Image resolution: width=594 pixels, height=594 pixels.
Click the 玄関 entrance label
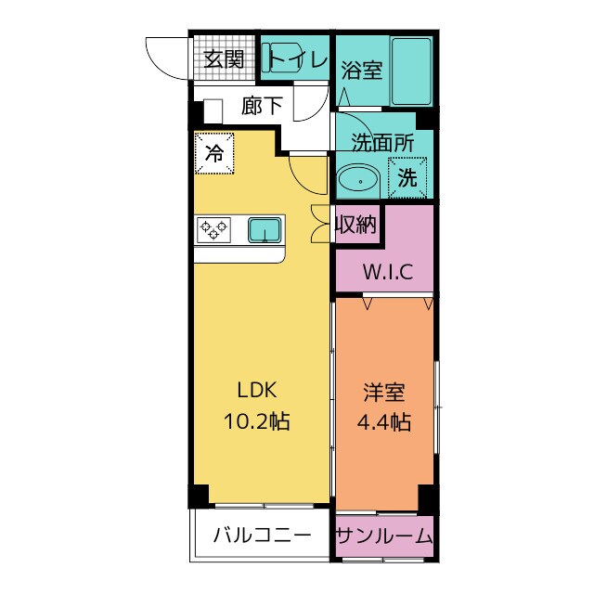pyautogui.click(x=224, y=59)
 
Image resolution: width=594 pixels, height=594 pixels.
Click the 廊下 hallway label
pyautogui.click(x=262, y=106)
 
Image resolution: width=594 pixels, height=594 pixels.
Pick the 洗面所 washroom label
pyautogui.click(x=381, y=143)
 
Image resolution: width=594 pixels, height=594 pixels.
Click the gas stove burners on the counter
pyautogui.click(x=214, y=229)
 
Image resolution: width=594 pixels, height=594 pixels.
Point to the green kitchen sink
pyautogui.click(x=265, y=228)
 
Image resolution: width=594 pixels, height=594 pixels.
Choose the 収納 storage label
pyautogui.click(x=356, y=225)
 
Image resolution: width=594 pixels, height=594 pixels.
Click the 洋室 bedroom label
pyautogui.click(x=383, y=391)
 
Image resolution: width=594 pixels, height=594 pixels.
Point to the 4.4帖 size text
pyautogui.click(x=383, y=422)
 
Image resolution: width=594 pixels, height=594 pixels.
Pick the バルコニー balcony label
pyautogui.click(x=261, y=536)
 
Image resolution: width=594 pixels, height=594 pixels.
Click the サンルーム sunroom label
pyautogui.click(x=383, y=536)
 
